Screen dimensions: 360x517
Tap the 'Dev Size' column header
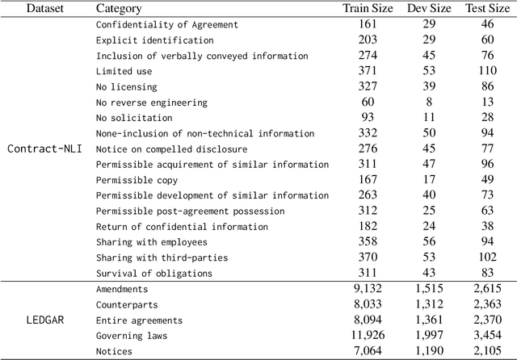point(427,9)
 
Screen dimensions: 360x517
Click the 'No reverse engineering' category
point(151,103)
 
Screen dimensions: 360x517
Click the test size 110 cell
point(487,72)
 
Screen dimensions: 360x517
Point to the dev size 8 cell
point(427,103)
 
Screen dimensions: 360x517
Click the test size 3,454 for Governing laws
point(487,336)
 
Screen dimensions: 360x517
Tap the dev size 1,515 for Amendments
point(427,289)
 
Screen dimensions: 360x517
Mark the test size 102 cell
point(487,257)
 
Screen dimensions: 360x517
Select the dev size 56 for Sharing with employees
point(427,242)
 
